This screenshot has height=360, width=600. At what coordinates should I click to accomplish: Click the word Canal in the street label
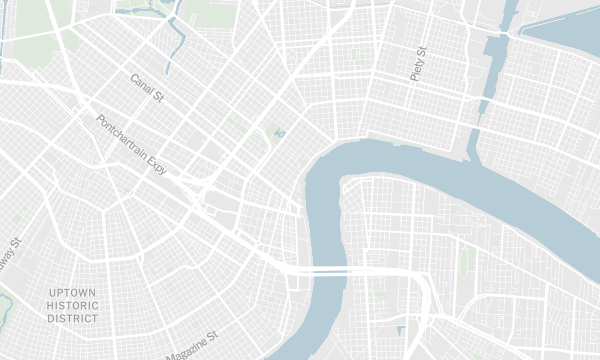(141, 82)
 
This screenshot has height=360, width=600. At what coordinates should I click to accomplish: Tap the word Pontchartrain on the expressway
(130, 138)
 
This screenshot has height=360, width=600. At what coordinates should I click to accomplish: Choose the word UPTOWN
(73, 292)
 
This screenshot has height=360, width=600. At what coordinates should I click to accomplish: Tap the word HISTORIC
(73, 305)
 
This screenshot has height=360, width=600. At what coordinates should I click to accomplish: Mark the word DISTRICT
(73, 318)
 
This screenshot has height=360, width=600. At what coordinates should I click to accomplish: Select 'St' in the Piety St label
(422, 51)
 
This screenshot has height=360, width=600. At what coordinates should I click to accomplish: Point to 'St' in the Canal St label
(157, 94)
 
